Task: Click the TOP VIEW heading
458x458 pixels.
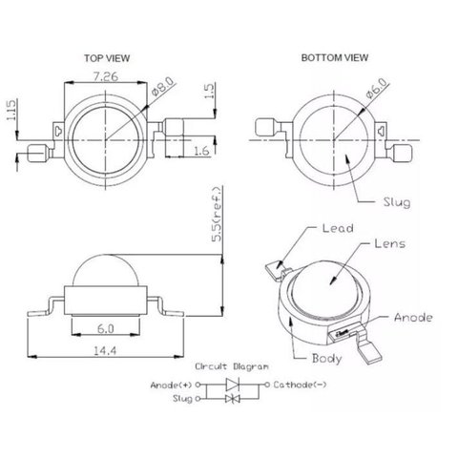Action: [x=107, y=58]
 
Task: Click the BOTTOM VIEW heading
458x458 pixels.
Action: [x=335, y=58]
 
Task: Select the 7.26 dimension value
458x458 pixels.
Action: [x=105, y=76]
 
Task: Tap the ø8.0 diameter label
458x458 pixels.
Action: [x=163, y=86]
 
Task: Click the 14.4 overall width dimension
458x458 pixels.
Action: [x=105, y=350]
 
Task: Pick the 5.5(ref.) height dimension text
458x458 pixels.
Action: [x=218, y=215]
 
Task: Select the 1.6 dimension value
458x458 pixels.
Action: [x=201, y=151]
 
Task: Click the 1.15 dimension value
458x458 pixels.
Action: [x=11, y=110]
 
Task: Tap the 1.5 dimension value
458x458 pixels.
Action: [x=210, y=91]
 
